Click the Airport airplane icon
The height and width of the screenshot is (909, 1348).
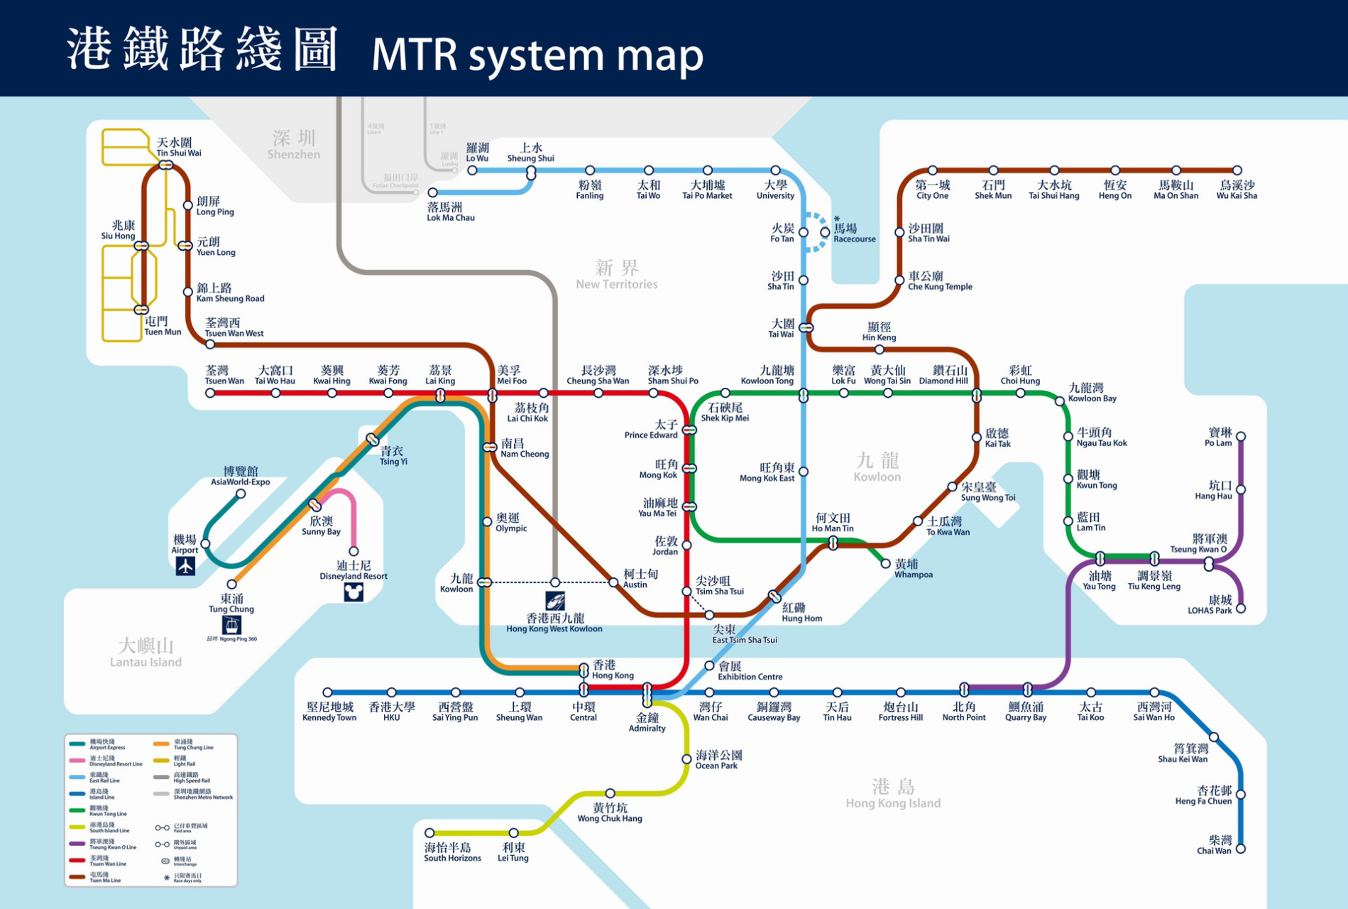185,566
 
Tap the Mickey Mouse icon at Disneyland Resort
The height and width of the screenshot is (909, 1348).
354,592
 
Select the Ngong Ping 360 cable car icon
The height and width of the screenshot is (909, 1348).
231,625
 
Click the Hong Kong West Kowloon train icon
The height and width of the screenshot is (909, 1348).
555,601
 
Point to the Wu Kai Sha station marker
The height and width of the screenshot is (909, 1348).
1237,170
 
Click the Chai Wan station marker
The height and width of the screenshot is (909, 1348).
1241,849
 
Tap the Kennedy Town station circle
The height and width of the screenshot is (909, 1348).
327,692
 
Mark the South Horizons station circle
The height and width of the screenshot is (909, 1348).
429,833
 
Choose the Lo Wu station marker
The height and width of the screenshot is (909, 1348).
472,170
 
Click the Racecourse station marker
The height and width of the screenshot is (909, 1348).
825,232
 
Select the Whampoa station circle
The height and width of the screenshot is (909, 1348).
885,564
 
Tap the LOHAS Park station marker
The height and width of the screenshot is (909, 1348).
1241,609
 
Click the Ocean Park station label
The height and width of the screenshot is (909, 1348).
718,759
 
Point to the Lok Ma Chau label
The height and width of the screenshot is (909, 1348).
450,212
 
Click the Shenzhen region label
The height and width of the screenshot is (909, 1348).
294,144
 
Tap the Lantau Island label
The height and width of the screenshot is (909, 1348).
146,652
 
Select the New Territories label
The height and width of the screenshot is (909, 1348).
616,274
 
